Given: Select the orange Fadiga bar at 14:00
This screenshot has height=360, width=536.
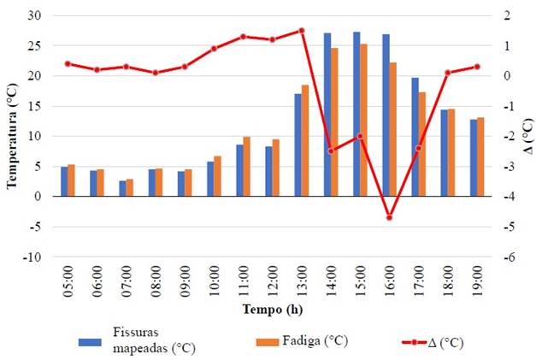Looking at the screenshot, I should pos(335,121).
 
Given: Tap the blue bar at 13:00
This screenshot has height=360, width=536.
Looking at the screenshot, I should pos(297,145).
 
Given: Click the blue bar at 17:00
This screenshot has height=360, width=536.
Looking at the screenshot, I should pos(415,137).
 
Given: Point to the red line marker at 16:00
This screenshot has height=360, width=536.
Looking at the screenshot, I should pos(389,217).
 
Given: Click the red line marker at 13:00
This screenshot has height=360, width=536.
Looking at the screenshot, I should pos(302,31).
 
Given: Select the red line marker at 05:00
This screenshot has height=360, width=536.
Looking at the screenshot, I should pos(68,63).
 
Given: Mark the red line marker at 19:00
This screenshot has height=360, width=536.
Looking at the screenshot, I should pos(477,67).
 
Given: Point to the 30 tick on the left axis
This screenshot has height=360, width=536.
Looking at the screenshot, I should pos(35,15).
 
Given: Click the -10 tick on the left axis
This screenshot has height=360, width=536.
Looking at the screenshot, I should pos(33,257).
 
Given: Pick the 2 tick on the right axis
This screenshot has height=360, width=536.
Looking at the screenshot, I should pos(508,15).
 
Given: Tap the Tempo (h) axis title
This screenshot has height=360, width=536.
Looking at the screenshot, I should pos(272,309).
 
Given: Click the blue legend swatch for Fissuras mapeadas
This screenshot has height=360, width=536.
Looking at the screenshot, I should pos(89,342).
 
